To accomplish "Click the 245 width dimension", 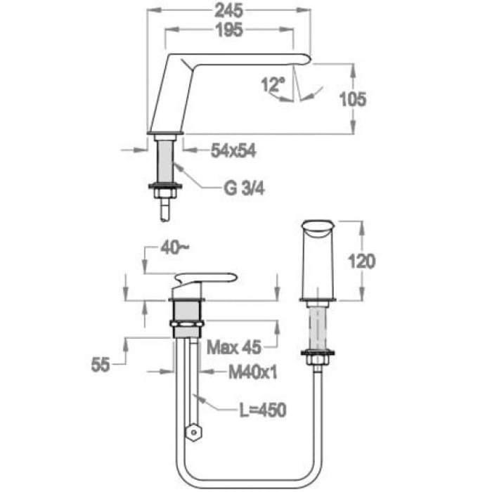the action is tap(228, 11).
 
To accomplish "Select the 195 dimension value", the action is tap(229, 30).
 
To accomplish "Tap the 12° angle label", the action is tap(273, 84).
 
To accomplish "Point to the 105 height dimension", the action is tap(353, 99).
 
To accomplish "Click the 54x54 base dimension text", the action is tap(233, 150).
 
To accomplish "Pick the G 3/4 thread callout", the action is tap(244, 188).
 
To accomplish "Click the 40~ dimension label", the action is tap(175, 248).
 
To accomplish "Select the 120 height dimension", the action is tap(362, 261).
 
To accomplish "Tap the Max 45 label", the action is tap(234, 347).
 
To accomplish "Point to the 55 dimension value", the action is tap(101, 365).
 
